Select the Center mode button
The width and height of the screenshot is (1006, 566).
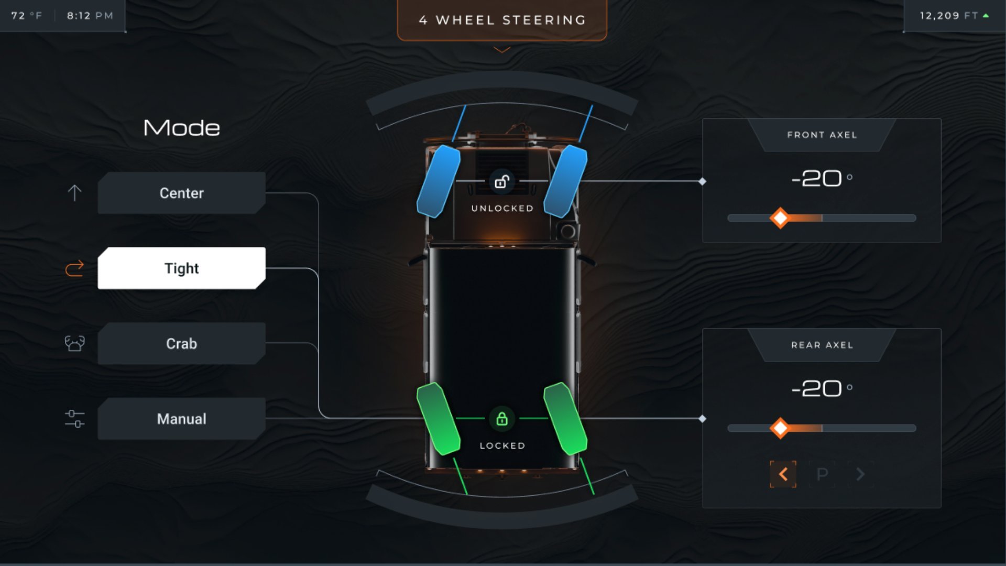tap(181, 193)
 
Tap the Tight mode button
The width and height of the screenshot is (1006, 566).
tap(181, 268)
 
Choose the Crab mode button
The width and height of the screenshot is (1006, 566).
tap(181, 344)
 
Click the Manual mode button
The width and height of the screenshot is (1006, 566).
tap(181, 419)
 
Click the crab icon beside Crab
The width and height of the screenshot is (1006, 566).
tap(74, 343)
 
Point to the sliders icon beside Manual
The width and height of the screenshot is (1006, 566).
tap(74, 419)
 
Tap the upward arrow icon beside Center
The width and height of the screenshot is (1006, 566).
tap(74, 193)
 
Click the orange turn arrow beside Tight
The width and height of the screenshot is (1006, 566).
tap(74, 268)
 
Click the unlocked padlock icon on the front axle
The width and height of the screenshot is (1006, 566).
tap(502, 181)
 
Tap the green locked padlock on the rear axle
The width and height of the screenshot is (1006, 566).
tap(502, 419)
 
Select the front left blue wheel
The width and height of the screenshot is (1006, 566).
tap(438, 181)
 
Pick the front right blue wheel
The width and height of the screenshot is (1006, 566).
tap(565, 181)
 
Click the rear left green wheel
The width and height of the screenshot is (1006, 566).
tap(438, 419)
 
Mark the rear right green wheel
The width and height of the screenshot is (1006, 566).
tap(565, 419)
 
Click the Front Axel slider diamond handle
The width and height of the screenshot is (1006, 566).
tap(780, 218)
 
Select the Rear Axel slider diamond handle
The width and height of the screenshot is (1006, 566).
tap(780, 428)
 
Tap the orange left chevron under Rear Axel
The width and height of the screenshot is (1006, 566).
tap(783, 474)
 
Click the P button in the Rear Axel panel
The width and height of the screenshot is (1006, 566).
tap(822, 474)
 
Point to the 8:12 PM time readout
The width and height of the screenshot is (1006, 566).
tap(90, 16)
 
